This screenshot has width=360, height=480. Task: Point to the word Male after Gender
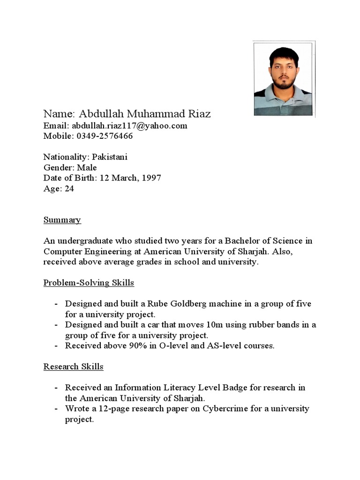88,167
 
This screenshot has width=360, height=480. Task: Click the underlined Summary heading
62,220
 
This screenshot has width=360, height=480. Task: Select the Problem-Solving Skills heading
89,283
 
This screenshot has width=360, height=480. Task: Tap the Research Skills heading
73,367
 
